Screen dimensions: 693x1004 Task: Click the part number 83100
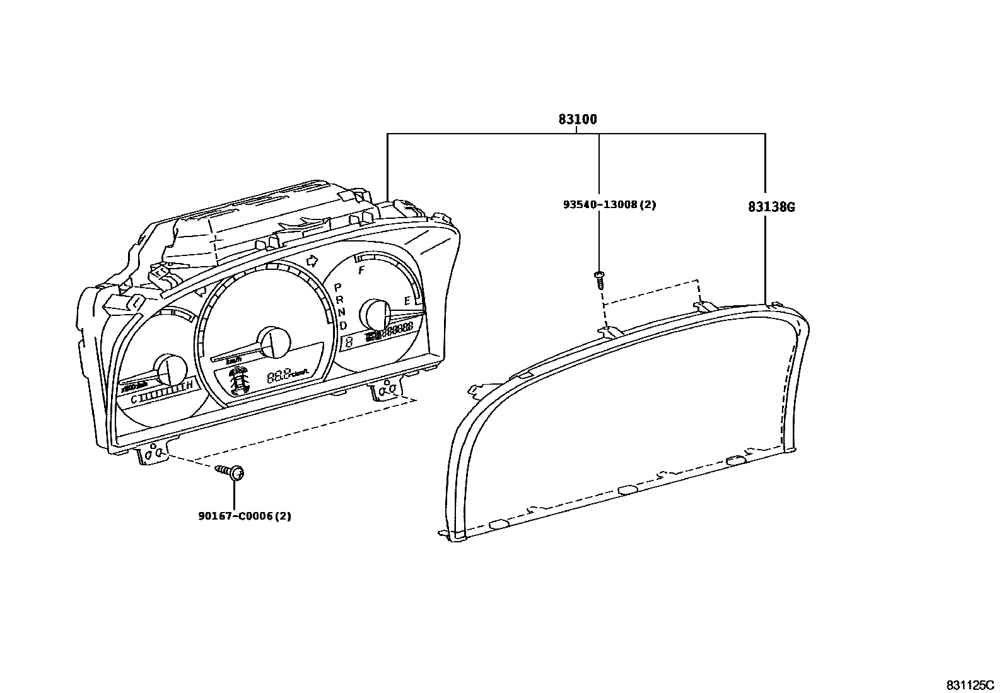tap(577, 119)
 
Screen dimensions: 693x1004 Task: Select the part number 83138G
tap(771, 206)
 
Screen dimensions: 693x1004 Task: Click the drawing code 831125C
tap(969, 685)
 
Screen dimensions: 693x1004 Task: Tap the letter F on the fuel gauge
tap(361, 271)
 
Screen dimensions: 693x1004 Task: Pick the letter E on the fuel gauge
tap(407, 301)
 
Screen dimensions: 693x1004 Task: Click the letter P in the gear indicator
tap(337, 287)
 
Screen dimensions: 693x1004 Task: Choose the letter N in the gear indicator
tap(341, 312)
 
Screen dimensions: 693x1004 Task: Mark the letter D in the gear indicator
tap(343, 325)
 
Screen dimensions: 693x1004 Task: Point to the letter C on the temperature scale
tap(133, 400)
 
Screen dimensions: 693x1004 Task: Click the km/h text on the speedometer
tap(234, 360)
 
